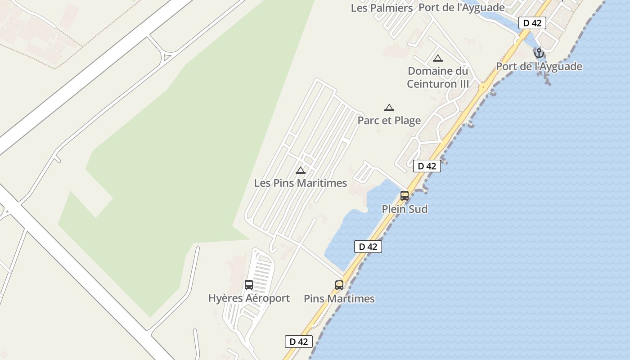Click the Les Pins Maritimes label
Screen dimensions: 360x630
pos(300,183)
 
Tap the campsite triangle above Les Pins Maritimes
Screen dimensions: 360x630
pos(301,170)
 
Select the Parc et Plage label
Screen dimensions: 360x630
pos(389,121)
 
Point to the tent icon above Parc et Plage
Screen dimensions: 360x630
pos(389,108)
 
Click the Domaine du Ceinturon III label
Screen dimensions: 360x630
pos(438,77)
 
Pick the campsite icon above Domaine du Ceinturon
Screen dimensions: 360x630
pos(438,58)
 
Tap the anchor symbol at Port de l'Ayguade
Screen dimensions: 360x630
pos(539,54)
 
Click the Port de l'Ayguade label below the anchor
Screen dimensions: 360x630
pos(539,67)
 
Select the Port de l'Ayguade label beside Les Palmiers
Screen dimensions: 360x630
pos(461,8)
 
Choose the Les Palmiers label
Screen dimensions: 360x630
pos(382,8)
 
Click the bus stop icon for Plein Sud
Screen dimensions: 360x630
pos(405,196)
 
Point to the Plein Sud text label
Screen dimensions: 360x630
pos(405,209)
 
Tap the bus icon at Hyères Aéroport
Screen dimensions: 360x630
pos(249,285)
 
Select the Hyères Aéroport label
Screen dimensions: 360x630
pos(249,298)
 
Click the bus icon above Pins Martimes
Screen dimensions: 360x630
pos(339,285)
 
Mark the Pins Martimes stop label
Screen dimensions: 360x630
pos(339,299)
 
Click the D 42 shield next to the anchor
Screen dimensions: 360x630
pos(532,23)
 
